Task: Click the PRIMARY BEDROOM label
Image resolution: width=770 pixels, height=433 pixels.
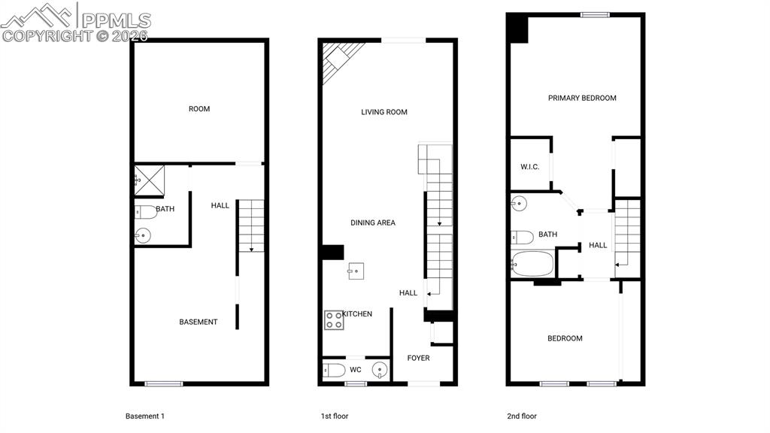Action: [x=582, y=98]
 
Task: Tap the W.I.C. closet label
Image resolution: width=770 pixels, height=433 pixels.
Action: [x=529, y=166]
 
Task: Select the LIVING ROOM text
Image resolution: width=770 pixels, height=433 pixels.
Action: [x=383, y=112]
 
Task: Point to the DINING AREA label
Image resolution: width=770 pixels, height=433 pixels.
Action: [x=372, y=223]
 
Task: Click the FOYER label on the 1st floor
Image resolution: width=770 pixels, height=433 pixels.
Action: [x=418, y=358]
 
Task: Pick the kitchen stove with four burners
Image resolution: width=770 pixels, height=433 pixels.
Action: [x=334, y=320]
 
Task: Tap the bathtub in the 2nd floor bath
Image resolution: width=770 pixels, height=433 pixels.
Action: [x=532, y=263]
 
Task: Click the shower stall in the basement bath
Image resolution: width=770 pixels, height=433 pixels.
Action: [x=150, y=180]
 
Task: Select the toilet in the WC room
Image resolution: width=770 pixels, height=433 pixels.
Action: [x=334, y=370]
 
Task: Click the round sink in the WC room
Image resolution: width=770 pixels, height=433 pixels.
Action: [x=380, y=370]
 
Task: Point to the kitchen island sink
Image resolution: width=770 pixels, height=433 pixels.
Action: [x=356, y=271]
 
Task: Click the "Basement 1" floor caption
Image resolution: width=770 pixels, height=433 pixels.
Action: [x=144, y=416]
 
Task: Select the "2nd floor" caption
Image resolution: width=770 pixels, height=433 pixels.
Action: [x=522, y=416]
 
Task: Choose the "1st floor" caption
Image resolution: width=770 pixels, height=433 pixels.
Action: [x=335, y=416]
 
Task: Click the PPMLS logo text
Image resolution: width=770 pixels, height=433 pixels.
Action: [x=116, y=20]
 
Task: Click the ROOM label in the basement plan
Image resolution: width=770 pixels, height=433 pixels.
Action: [x=199, y=109]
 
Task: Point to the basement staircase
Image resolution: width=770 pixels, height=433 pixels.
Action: [x=252, y=225]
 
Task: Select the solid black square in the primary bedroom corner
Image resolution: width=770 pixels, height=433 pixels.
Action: [x=517, y=29]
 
